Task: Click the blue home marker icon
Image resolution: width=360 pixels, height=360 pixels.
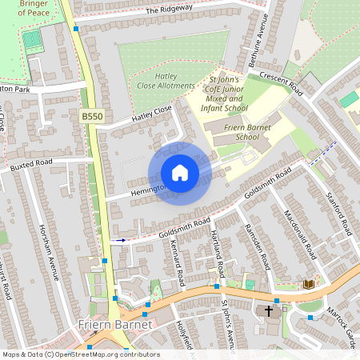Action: [180, 173]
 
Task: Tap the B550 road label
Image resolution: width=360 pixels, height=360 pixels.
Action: [92, 117]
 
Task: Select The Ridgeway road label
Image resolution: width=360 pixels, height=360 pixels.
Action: [169, 10]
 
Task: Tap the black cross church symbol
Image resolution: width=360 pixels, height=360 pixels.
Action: [269, 310]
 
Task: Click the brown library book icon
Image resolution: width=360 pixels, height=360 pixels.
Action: [309, 284]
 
